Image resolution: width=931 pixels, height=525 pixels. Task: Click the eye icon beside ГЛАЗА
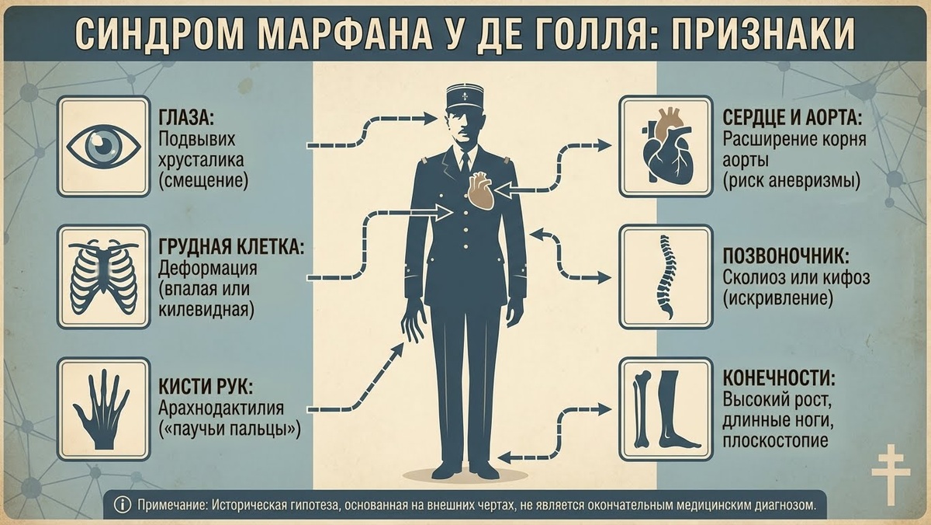coord(103,146)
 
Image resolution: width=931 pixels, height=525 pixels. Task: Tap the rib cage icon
coord(103,275)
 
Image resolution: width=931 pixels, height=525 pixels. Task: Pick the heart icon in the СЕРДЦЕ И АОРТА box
coord(665,146)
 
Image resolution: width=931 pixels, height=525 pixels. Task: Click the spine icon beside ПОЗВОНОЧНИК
coord(665,275)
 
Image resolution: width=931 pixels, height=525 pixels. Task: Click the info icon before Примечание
coord(122,505)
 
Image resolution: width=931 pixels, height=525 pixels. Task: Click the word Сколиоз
coord(756,277)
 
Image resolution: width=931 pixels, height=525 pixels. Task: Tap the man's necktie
coord(465,163)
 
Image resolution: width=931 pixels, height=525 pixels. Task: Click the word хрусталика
coord(202,161)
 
